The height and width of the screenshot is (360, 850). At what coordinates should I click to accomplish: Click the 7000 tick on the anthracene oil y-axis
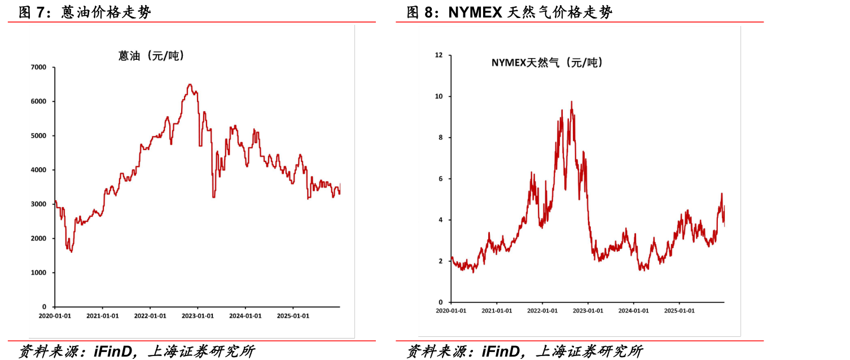pyautogui.click(x=38, y=67)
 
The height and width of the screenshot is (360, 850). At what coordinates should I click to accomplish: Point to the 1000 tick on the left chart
pyautogui.click(x=38, y=273)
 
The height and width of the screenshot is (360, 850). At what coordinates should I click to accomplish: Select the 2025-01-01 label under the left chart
pyautogui.click(x=293, y=316)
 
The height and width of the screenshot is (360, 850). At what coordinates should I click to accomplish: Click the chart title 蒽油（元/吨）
pyautogui.click(x=151, y=56)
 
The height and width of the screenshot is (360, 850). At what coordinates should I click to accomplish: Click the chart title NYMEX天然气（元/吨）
pyautogui.click(x=546, y=63)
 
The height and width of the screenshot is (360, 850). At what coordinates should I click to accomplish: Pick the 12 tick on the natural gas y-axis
pyautogui.click(x=439, y=55)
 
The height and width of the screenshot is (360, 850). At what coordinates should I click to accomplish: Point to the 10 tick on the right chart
pyautogui.click(x=439, y=96)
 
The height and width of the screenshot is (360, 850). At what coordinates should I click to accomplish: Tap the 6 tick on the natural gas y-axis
pyautogui.click(x=440, y=178)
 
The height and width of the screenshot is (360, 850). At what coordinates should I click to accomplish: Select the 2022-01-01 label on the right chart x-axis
pyautogui.click(x=542, y=310)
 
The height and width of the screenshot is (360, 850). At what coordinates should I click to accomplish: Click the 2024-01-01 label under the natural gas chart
pyautogui.click(x=633, y=310)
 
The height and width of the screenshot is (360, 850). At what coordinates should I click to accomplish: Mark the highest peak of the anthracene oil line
pyautogui.click(x=190, y=85)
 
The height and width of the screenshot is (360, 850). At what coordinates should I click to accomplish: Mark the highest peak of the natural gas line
pyautogui.click(x=571, y=102)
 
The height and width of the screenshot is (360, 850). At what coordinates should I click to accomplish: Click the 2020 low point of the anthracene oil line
pyautogui.click(x=72, y=252)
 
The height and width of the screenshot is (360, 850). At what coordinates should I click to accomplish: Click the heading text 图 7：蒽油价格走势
pyautogui.click(x=85, y=12)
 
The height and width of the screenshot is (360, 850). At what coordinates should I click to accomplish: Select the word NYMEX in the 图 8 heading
pyautogui.click(x=475, y=12)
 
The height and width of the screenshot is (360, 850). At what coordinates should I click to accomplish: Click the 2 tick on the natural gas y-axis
pyautogui.click(x=440, y=261)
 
